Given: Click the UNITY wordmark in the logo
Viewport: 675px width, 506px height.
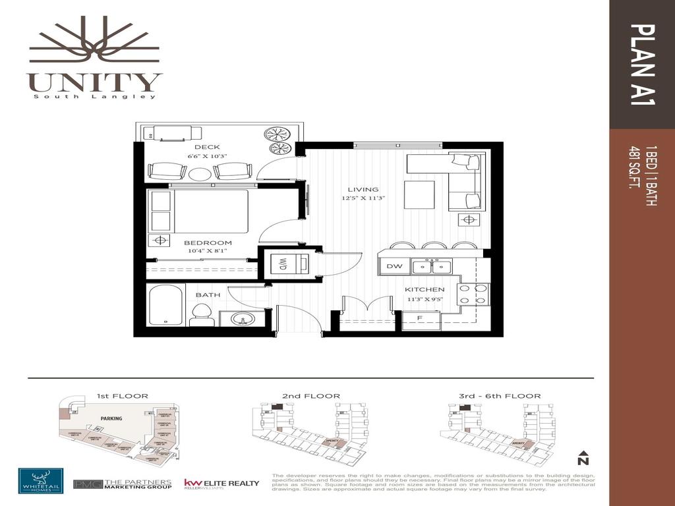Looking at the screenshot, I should tap(94, 82).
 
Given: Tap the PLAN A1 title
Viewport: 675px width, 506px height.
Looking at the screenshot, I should tap(642, 65).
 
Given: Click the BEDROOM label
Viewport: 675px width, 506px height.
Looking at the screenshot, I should tap(208, 242).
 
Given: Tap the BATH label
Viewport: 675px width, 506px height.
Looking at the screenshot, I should tap(208, 295).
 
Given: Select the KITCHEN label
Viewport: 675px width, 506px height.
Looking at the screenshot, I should tap(425, 289).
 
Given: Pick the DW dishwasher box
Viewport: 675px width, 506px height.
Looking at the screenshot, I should tap(394, 267).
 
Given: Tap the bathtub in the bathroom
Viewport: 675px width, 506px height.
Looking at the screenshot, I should tap(166, 306).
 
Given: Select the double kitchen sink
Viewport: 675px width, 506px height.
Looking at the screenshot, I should tap(432, 267).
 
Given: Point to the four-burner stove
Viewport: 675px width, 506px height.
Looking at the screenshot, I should tap(473, 293).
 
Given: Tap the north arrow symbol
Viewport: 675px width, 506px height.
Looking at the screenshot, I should tap(583, 457).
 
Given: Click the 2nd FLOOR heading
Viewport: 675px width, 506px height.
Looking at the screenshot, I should tap(311, 396).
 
